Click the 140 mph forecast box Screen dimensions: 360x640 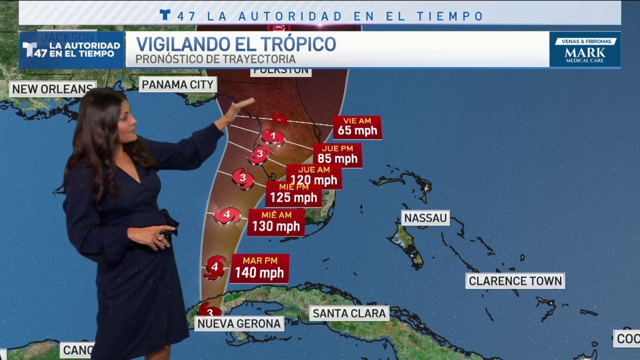259,268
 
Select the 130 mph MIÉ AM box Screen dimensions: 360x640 276,222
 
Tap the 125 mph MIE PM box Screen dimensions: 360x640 293,194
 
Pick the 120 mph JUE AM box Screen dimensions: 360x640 314,177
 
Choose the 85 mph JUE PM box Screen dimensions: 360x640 337,155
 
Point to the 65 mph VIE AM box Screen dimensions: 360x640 357,127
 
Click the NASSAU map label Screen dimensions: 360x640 426,218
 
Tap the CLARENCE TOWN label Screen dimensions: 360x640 515,281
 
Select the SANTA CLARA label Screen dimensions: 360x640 349,313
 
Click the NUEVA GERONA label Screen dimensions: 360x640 239,323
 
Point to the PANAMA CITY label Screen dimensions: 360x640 178,84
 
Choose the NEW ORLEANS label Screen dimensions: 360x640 52,89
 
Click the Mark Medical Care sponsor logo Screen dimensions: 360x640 585,50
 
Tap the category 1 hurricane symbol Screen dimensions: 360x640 273,137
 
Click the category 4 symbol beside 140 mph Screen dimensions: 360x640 215,267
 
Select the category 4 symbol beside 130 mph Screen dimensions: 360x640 227,215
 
